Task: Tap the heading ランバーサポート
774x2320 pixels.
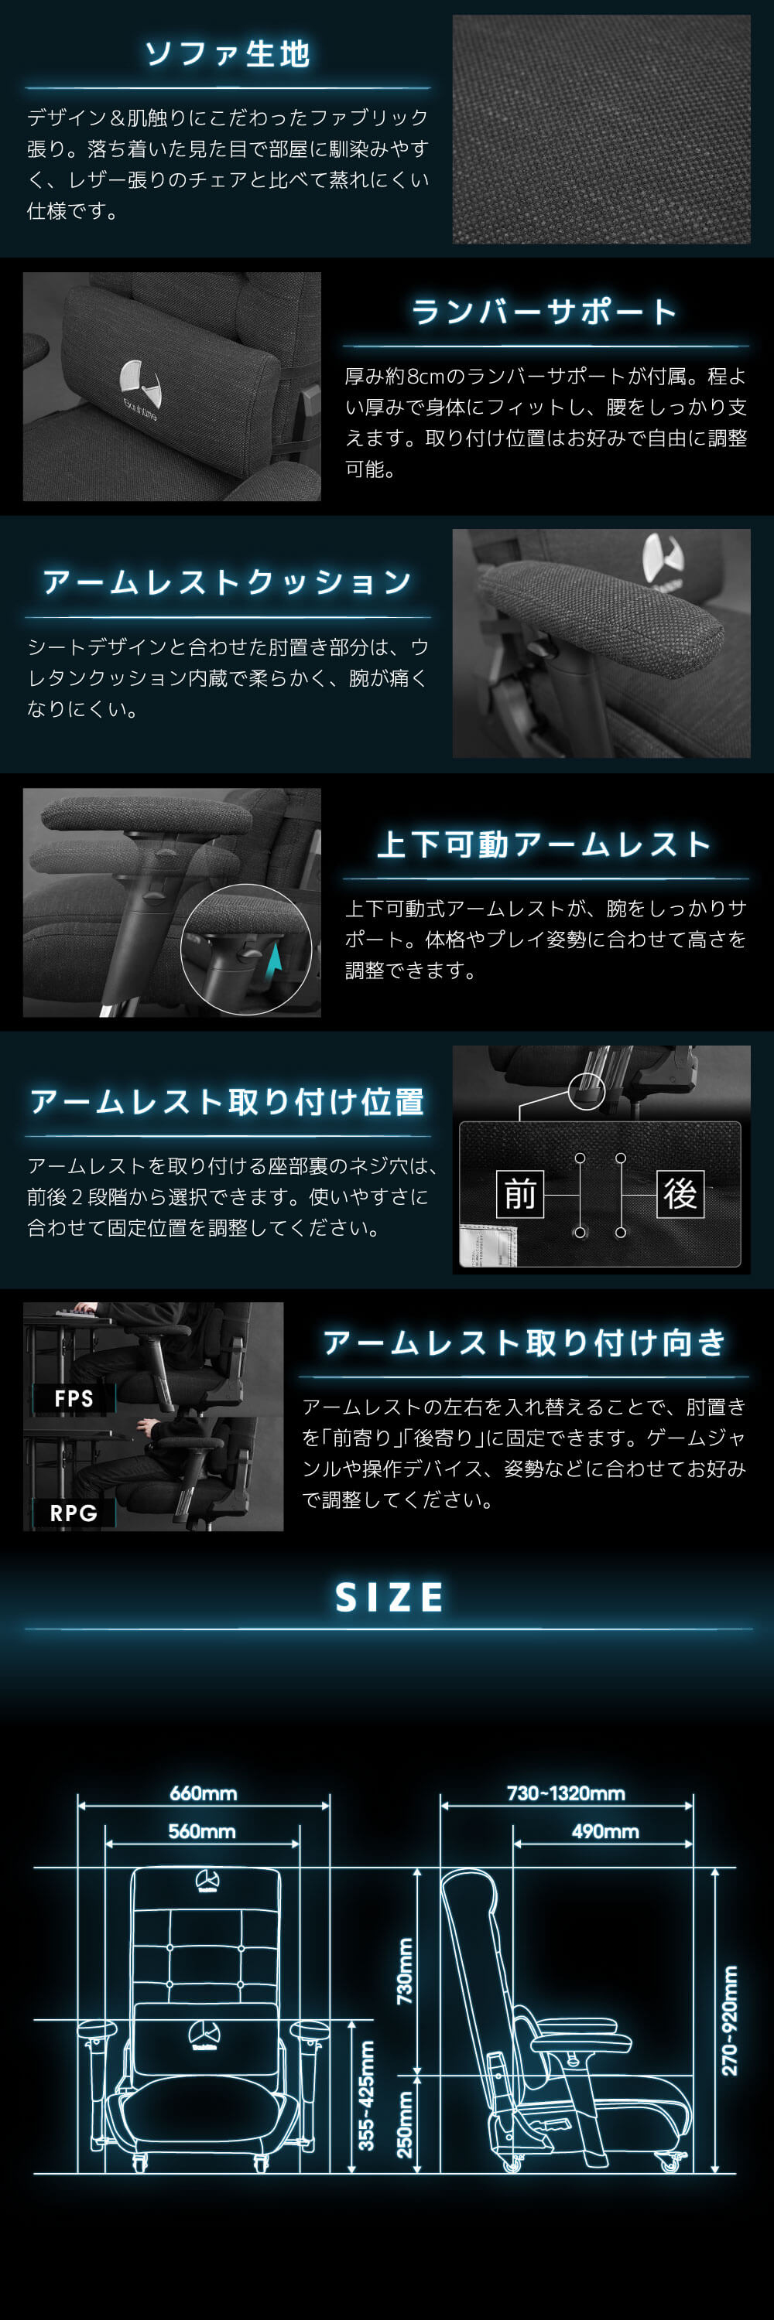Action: (x=544, y=312)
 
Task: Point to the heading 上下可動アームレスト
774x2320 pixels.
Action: (x=544, y=844)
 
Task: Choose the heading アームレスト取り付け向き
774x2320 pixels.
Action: (x=525, y=1343)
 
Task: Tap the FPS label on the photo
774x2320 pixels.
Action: (x=74, y=1399)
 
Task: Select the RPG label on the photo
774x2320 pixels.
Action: (x=74, y=1513)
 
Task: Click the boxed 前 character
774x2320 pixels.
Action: (x=520, y=1194)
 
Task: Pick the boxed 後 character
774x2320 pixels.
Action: (x=680, y=1194)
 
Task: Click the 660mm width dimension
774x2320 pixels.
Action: (x=204, y=1793)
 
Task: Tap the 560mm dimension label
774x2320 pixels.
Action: (x=202, y=1831)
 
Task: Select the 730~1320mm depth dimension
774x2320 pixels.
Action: (x=566, y=1793)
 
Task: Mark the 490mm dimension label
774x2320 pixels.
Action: (x=605, y=1831)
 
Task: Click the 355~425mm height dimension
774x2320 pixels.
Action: (x=367, y=2096)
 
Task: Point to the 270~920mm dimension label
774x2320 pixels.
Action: (x=730, y=2019)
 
